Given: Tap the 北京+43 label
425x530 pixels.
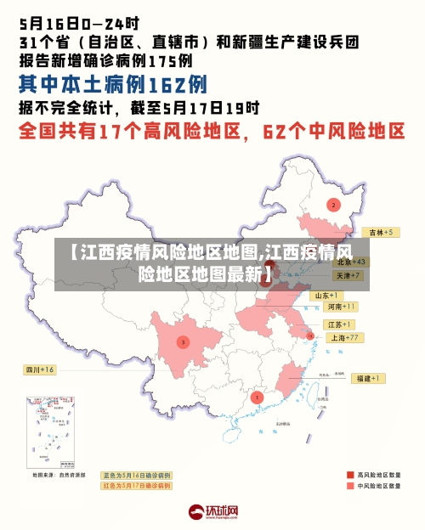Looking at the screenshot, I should (x=349, y=262).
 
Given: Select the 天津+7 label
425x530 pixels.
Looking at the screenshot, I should (x=347, y=276).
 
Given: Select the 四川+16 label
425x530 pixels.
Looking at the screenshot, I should (x=38, y=369).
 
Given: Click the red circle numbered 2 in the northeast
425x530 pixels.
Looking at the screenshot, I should (x=333, y=205).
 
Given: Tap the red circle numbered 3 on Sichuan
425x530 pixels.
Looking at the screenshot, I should (x=183, y=342).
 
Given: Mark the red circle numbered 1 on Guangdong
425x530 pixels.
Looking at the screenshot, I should (x=258, y=397).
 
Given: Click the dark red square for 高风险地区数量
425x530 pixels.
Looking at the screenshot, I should (x=349, y=474).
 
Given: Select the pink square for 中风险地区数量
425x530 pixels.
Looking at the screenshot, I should (x=349, y=486).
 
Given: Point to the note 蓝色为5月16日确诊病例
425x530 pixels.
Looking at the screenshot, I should (x=136, y=476).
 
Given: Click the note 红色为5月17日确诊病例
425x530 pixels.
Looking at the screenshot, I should (x=136, y=486).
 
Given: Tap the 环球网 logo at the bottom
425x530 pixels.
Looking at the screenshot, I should (x=212, y=512).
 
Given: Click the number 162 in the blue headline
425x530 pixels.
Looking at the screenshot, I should (x=164, y=84).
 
